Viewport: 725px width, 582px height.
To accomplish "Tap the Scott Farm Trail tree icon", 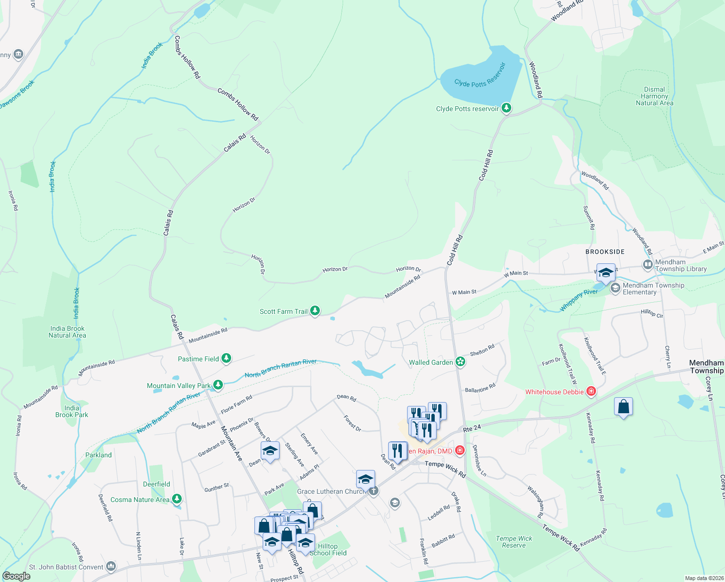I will (x=315, y=310).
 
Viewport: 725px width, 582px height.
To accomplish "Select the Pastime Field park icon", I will (x=226, y=358).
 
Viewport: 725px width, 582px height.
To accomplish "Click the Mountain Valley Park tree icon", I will (x=218, y=385).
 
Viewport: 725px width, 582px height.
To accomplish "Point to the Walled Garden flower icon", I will (x=460, y=362).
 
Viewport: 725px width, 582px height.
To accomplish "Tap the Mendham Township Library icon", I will (x=648, y=265).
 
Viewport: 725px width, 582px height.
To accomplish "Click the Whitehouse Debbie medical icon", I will (x=591, y=391).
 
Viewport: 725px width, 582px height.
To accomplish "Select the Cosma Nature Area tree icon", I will (x=177, y=499).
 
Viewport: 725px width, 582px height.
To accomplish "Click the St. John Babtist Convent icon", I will (x=111, y=566).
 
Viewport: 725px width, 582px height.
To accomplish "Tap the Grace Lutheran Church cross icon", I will (x=373, y=491).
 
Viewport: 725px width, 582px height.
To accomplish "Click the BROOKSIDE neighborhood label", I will (x=605, y=252).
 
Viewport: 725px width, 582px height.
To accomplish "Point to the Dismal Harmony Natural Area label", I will (x=654, y=96).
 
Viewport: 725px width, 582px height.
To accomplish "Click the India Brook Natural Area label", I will (x=67, y=332).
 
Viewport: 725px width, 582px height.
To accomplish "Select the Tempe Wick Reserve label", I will (x=514, y=542).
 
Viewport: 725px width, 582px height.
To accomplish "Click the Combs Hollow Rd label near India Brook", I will (x=187, y=57).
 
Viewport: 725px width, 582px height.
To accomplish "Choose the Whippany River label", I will (x=579, y=300).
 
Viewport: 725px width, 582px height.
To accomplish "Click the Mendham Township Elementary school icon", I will (x=615, y=289).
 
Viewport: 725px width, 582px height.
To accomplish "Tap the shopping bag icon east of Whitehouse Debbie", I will (x=623, y=407).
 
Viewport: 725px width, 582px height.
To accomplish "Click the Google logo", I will (x=16, y=576).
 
